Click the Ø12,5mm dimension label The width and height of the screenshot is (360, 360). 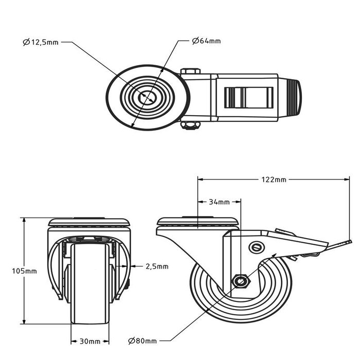click(x=41, y=43)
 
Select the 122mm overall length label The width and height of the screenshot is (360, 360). click(x=274, y=179)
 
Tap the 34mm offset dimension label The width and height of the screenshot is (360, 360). click(x=219, y=202)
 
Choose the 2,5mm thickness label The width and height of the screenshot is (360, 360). click(x=157, y=266)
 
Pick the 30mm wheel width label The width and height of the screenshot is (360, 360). click(x=89, y=340)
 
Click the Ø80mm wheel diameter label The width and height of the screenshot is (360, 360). click(x=143, y=340)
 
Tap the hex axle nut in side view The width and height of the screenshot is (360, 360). click(x=240, y=281)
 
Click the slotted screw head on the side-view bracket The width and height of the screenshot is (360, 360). click(x=256, y=247)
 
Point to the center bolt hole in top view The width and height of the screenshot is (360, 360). click(x=148, y=97)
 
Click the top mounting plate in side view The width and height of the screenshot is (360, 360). click(x=198, y=223)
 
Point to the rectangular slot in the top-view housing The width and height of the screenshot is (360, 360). click(x=248, y=97)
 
